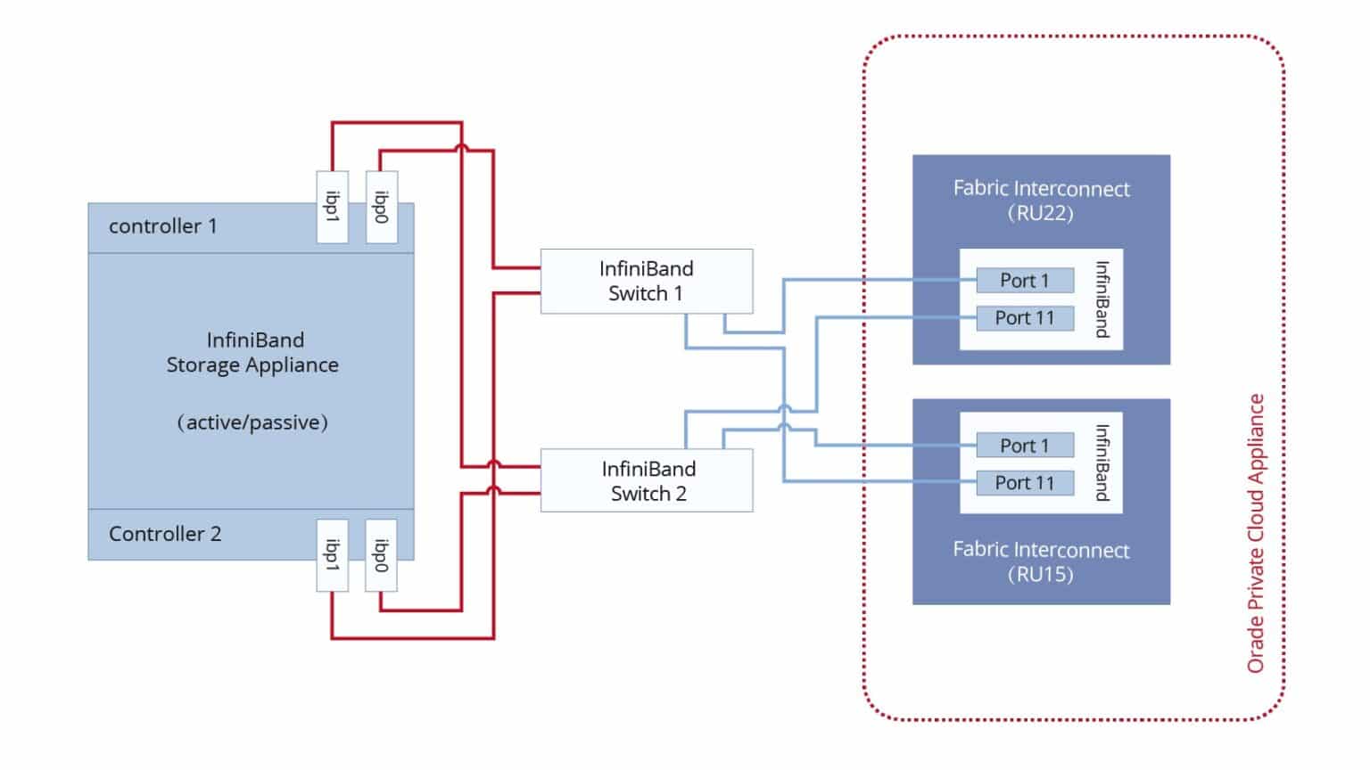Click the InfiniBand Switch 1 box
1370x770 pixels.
point(646,281)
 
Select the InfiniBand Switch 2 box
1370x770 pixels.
point(646,481)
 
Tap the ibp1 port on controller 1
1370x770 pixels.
point(333,207)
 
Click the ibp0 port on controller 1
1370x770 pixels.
point(382,207)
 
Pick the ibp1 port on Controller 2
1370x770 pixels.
point(333,555)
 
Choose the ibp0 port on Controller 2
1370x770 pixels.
point(382,555)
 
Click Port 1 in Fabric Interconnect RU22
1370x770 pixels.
point(1024,281)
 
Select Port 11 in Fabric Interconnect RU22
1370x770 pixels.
point(1024,318)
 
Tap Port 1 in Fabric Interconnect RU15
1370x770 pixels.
point(1024,446)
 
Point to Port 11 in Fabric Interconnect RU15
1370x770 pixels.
point(1024,483)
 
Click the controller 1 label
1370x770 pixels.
point(162,226)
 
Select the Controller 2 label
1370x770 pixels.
point(165,534)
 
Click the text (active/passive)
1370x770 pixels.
point(252,422)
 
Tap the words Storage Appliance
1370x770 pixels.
point(252,365)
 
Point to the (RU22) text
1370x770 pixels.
point(1040,213)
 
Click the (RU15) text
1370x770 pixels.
point(1040,575)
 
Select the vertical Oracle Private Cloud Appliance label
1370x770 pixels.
point(1256,533)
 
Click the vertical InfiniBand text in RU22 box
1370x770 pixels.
point(1102,299)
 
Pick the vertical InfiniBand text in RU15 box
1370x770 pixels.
point(1102,463)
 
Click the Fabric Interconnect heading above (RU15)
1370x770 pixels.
point(1040,550)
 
